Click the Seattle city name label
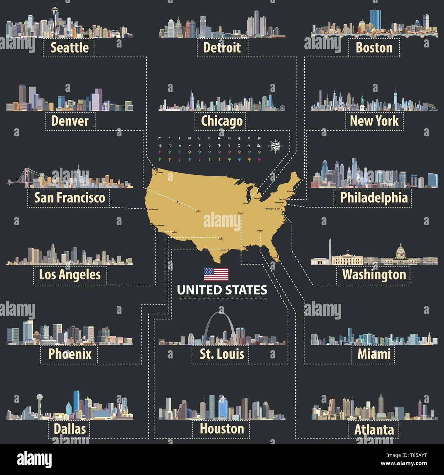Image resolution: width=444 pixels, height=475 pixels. tap(69, 47)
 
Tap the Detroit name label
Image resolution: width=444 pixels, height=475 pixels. tap(222, 47)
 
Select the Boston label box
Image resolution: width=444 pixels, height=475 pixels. tap(374, 47)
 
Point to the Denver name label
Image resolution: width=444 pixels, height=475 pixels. tap(70, 121)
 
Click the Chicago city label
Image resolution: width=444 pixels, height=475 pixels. tap(222, 121)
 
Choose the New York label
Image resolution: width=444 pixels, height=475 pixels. tap(374, 121)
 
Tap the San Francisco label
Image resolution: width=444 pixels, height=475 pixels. tap(69, 198)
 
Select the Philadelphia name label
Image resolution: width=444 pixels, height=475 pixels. tap(374, 198)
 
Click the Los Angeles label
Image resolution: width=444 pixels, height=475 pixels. tap(70, 274)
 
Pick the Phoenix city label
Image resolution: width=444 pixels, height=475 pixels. tap(70, 354)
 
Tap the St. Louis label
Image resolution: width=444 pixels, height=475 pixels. tap(222, 354)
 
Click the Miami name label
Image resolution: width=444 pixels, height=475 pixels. tap(374, 354)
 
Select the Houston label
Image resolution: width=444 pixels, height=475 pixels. tap(222, 429)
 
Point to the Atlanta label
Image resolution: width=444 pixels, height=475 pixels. tap(374, 430)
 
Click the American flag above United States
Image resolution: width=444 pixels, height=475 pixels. tap(216, 274)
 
